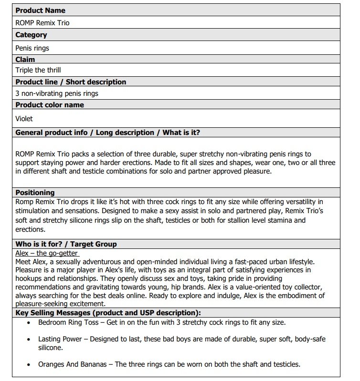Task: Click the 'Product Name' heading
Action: click(41, 10)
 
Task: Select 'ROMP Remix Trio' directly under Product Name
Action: click(43, 22)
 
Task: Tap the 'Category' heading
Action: click(31, 35)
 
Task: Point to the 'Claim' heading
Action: click(25, 60)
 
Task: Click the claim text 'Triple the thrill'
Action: click(38, 70)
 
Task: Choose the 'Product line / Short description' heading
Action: click(71, 82)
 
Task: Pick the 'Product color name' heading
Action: click(50, 105)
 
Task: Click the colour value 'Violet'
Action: click(24, 119)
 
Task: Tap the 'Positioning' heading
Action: click(35, 193)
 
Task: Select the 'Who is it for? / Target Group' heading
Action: click(66, 244)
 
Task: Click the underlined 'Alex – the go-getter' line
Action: click(47, 253)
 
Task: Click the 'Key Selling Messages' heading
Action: click(108, 313)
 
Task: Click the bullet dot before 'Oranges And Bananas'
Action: click(29, 365)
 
